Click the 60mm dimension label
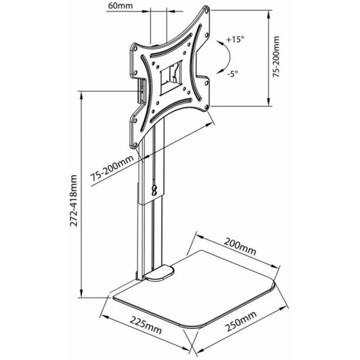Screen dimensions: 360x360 [121, 5]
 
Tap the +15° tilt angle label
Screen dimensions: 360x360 [235, 40]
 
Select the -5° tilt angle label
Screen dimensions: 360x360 [233, 74]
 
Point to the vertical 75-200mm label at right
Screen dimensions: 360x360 [277, 56]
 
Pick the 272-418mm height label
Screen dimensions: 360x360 [74, 200]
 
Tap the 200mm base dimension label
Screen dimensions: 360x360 [240, 247]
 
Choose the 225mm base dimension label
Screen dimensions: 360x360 [146, 325]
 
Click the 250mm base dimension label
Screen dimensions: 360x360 [241, 322]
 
